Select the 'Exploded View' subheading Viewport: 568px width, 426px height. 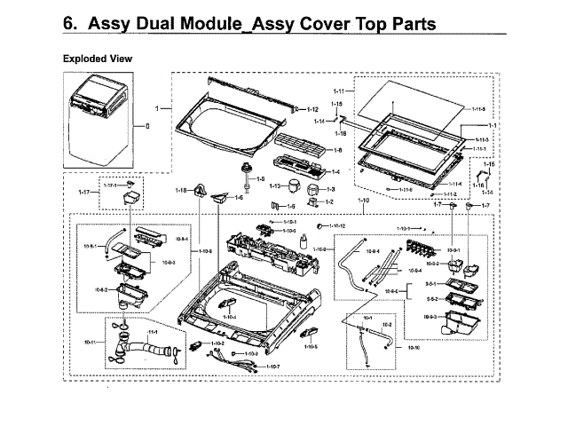coord(98,59)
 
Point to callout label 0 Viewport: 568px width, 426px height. coord(147,128)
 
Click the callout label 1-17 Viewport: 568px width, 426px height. coord(85,192)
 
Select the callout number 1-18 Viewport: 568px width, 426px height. coord(180,190)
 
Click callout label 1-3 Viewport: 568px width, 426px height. coord(330,189)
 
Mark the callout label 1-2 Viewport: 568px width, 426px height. coord(329,202)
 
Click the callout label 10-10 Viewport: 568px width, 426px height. coord(414,347)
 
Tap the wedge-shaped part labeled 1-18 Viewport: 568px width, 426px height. coord(198,189)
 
